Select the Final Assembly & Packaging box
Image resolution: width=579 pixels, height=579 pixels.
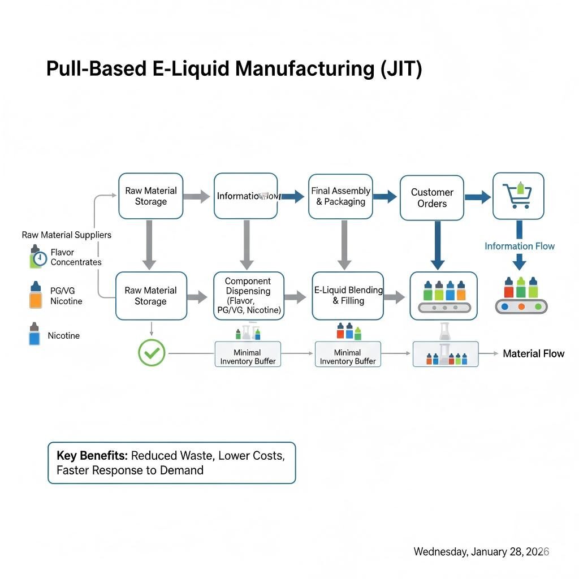[x=340, y=196]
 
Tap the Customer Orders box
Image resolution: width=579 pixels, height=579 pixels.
[x=432, y=197]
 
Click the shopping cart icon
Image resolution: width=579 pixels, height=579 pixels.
[x=518, y=196]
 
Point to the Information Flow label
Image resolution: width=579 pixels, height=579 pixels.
[x=519, y=246]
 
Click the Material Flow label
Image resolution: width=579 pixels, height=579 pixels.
[x=533, y=353]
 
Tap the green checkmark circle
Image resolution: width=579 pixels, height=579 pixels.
[x=152, y=353]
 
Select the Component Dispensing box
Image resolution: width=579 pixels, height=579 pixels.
[x=248, y=296]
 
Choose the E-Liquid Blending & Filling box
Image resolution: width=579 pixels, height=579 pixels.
[x=348, y=296]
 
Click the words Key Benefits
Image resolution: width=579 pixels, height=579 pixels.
[x=92, y=455]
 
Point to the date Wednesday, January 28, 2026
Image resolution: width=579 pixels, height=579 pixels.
[x=481, y=551]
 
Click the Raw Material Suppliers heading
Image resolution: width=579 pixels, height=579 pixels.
[x=66, y=235]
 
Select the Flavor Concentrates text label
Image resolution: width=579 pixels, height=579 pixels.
[x=76, y=257]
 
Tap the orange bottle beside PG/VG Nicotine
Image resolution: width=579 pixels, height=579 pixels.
[x=35, y=295]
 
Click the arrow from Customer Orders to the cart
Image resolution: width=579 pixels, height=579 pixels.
[x=477, y=197]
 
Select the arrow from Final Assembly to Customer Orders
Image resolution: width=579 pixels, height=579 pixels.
[x=385, y=197]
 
